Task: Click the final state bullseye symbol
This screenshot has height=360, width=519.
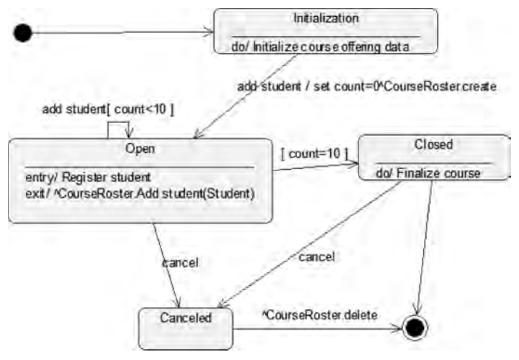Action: [414, 327]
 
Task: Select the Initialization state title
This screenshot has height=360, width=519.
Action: [325, 17]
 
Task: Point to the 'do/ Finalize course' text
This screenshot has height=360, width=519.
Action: [428, 173]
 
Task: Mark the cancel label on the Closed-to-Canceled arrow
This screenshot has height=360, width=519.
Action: [316, 256]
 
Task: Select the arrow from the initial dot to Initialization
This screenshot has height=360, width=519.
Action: [123, 31]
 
